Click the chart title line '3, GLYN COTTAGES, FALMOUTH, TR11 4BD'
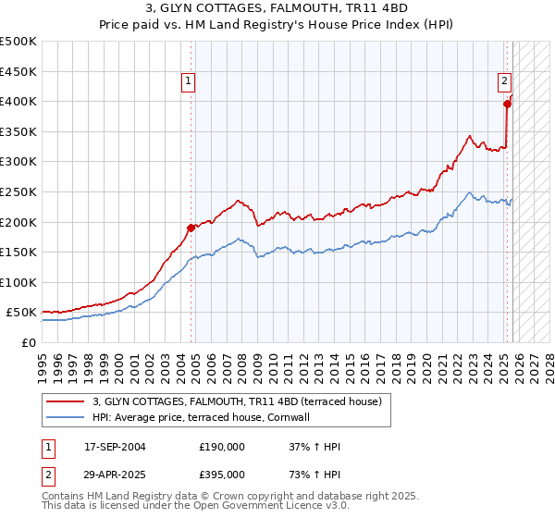pos(277,10)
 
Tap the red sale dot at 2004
pos(191,227)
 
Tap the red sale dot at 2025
pos(508,104)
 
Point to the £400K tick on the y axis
pos(18,101)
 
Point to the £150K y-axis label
pos(18,252)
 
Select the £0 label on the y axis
pos(28,342)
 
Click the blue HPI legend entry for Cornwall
pos(200,417)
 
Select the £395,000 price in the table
pos(222,474)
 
